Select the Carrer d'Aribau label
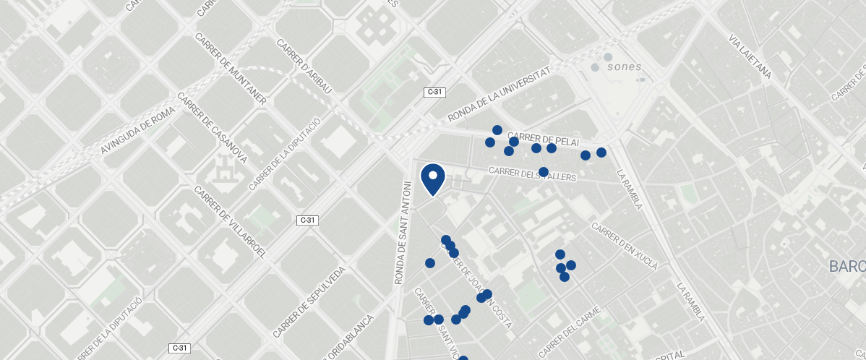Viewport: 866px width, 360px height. [x=304, y=67]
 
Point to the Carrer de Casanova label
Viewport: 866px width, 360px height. [x=213, y=129]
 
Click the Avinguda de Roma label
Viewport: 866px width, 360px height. [x=138, y=131]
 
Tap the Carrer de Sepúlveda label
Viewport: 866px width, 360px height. [x=309, y=302]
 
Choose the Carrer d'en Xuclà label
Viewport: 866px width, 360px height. [x=625, y=246]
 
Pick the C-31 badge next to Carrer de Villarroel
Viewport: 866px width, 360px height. [x=308, y=220]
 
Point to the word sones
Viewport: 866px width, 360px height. [x=624, y=67]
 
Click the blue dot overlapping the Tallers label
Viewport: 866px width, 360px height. [x=544, y=172]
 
